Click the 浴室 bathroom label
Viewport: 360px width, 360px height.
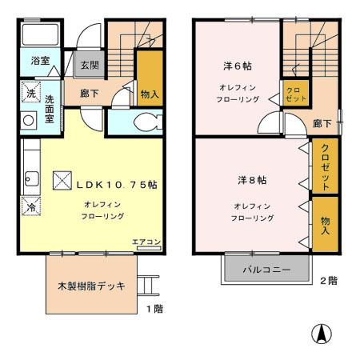pyautogui.click(x=39, y=61)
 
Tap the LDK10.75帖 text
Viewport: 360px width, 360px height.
pyautogui.click(x=116, y=184)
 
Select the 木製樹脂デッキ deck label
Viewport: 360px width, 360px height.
pyautogui.click(x=90, y=286)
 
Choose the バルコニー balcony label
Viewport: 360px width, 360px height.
pyautogui.click(x=267, y=270)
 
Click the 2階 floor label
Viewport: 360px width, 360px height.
pyautogui.click(x=328, y=280)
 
